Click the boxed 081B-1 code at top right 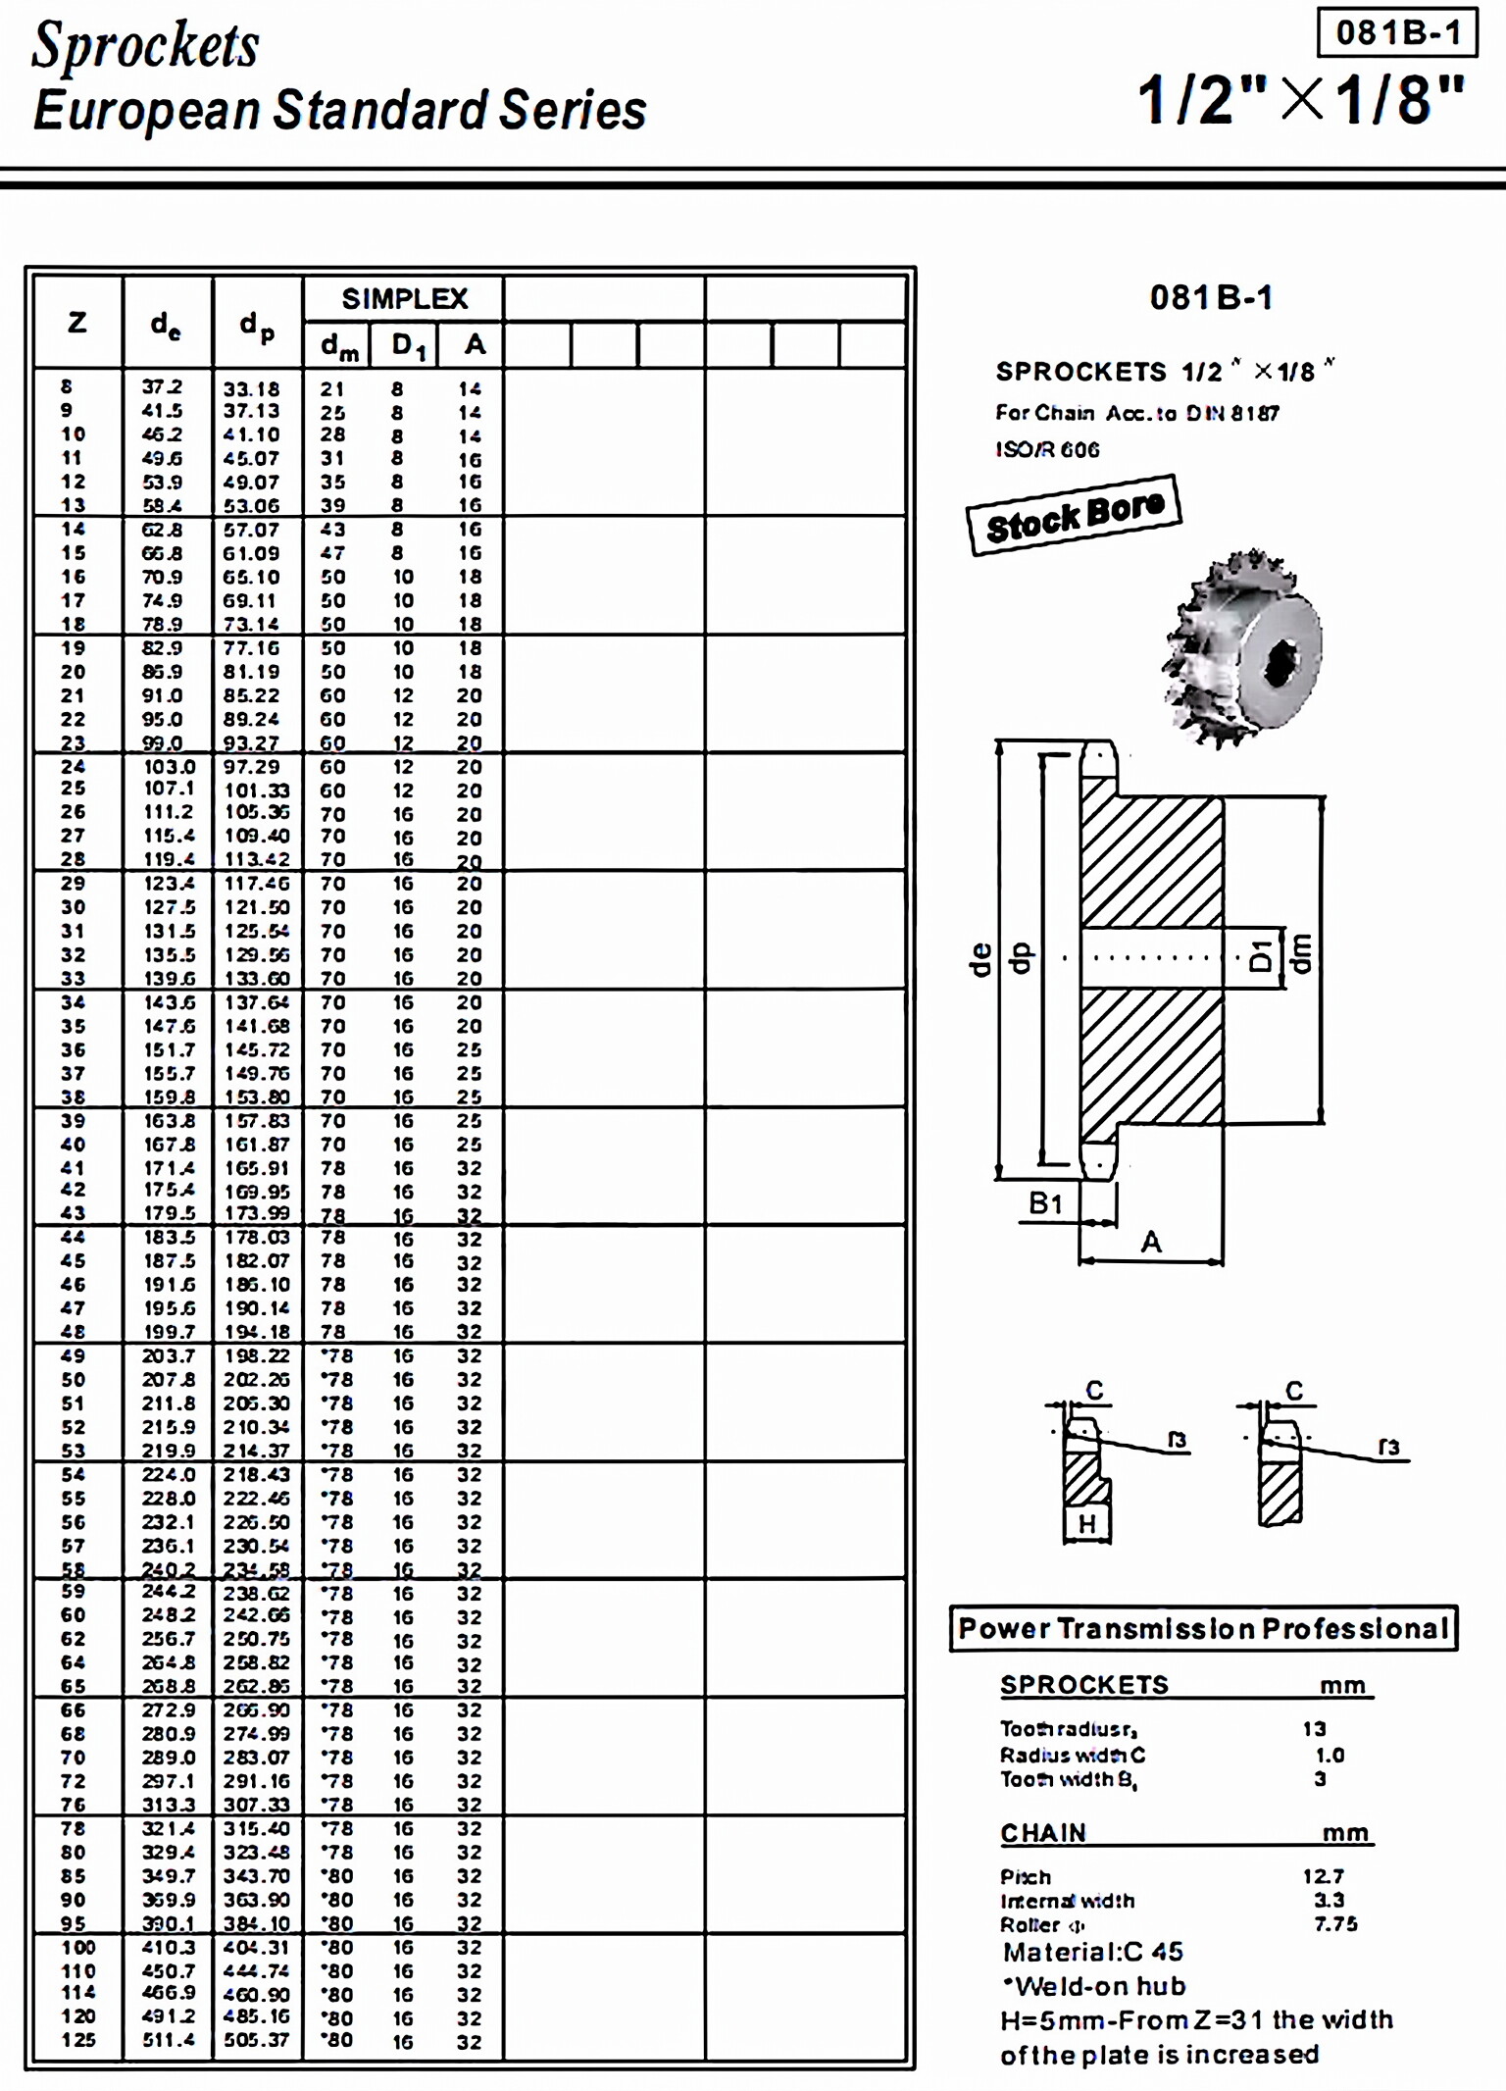(x=1397, y=33)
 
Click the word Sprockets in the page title (x=145, y=45)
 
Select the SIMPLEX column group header (x=404, y=298)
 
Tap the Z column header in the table (x=76, y=322)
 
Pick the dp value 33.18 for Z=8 (x=251, y=389)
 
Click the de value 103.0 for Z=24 (x=170, y=767)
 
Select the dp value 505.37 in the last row (x=256, y=2040)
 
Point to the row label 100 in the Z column (x=77, y=1947)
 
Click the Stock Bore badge (x=1075, y=516)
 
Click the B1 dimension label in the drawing (x=1046, y=1202)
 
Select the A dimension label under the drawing (x=1151, y=1243)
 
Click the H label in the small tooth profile (x=1086, y=1524)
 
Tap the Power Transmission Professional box (x=1203, y=1629)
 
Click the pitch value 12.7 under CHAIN (x=1323, y=1876)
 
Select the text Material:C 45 (x=1092, y=1952)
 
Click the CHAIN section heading (x=1043, y=1833)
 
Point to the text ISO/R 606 (x=1047, y=450)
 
